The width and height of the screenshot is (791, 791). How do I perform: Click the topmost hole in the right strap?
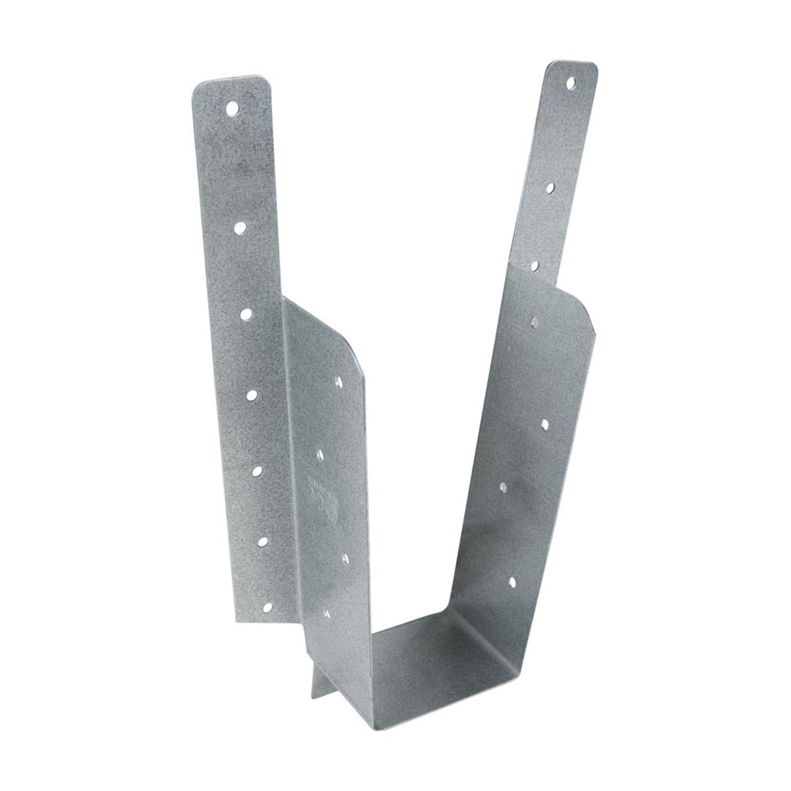[x=571, y=84]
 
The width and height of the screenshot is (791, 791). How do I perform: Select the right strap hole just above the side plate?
[x=535, y=266]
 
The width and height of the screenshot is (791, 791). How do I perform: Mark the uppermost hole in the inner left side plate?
[x=339, y=382]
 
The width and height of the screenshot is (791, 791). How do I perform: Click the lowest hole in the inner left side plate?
[x=328, y=613]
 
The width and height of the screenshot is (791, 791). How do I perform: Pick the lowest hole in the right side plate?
[x=512, y=581]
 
